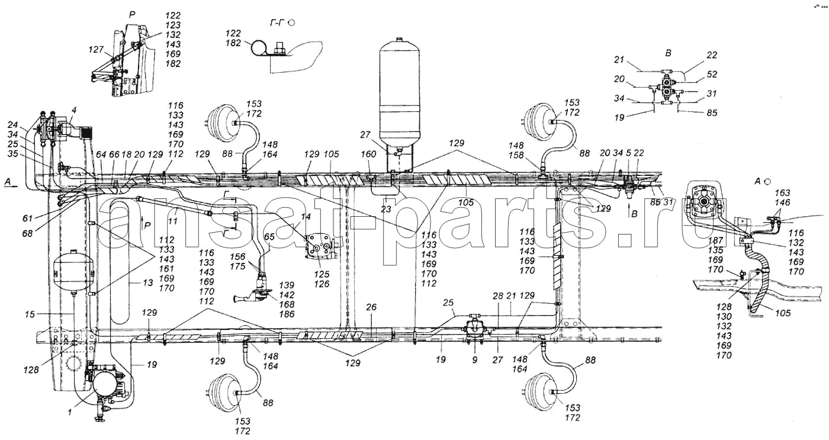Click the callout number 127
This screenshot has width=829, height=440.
[96, 49]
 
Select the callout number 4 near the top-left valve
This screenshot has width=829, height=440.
[74, 110]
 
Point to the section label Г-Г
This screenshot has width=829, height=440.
[278, 23]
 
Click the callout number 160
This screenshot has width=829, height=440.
[368, 154]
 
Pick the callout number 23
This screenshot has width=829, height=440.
[386, 209]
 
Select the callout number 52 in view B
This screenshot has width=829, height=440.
[712, 75]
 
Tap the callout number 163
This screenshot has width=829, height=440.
[782, 193]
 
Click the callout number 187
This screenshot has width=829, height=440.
[715, 240]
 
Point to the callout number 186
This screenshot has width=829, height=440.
[287, 314]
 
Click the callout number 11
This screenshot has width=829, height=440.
[173, 221]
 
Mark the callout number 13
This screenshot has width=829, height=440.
[147, 282]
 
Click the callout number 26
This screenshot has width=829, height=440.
[371, 307]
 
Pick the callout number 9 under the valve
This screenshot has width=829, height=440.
[475, 359]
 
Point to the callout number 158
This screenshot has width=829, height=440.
[516, 155]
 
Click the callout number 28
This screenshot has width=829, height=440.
[498, 296]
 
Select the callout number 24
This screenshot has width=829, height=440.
[12, 125]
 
